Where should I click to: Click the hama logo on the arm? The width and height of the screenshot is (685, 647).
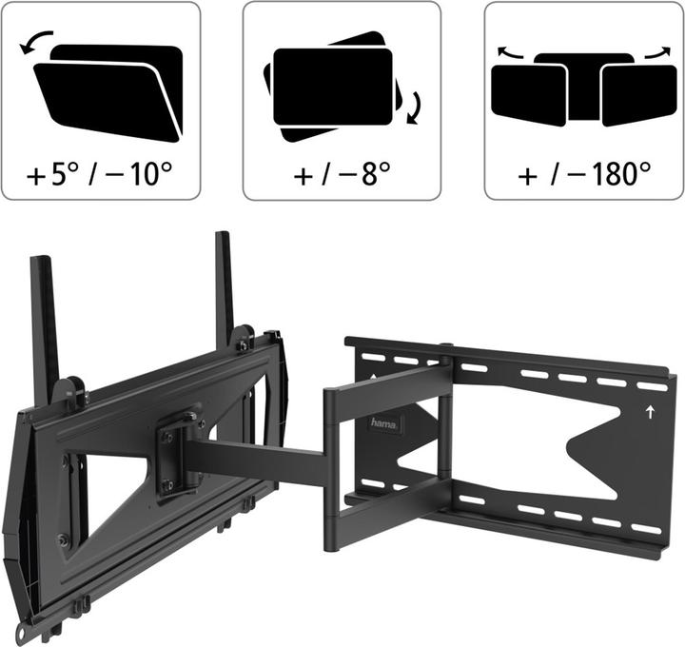pyautogui.click(x=384, y=423)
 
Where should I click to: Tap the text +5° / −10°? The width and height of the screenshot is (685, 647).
pyautogui.click(x=99, y=174)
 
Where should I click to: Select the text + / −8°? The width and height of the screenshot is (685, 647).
pyautogui.click(x=342, y=174)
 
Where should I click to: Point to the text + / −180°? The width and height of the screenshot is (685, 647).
pyautogui.click(x=584, y=174)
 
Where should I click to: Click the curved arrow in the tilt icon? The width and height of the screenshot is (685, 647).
pyautogui.click(x=34, y=39)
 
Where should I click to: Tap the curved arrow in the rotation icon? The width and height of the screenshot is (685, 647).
pyautogui.click(x=414, y=108)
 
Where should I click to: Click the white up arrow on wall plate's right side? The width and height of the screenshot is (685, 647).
pyautogui.click(x=651, y=412)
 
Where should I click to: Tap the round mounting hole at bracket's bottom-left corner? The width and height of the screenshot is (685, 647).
pyautogui.click(x=21, y=632)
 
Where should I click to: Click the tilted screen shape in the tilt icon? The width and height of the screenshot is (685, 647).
pyautogui.click(x=107, y=103)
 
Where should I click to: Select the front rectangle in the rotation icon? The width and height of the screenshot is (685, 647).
pyautogui.click(x=332, y=87)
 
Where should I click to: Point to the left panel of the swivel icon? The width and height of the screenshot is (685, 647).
pyautogui.click(x=529, y=94)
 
